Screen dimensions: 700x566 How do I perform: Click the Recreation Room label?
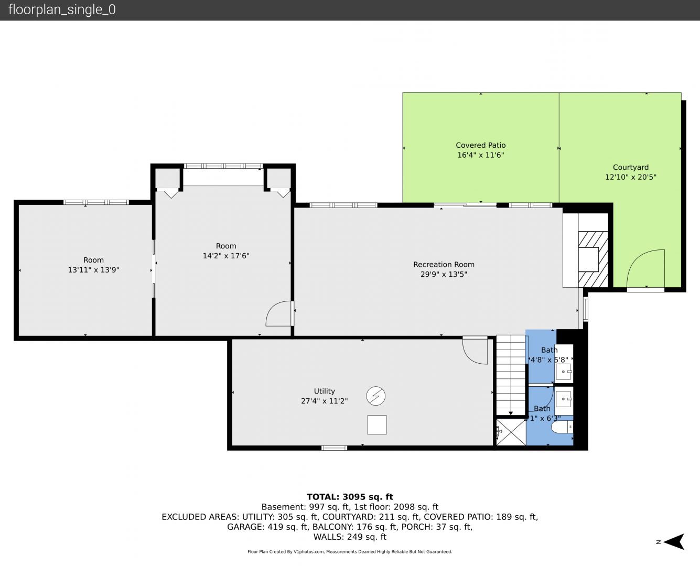444,265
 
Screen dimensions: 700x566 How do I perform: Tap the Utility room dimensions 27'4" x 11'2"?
325,401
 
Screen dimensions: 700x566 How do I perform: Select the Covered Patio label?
480,145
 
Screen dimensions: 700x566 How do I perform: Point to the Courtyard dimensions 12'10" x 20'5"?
631,177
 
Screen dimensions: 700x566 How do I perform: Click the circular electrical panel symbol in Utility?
375,396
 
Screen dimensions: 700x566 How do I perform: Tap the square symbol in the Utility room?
377,424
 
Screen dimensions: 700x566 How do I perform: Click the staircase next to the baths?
510,375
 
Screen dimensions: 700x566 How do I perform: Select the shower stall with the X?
511,432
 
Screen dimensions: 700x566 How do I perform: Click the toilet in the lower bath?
562,427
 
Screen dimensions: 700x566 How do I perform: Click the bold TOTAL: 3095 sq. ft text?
350,497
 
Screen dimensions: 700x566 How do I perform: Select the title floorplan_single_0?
62,10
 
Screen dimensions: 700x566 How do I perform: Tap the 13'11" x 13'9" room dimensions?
93,270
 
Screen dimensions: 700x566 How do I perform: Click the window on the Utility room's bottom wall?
334,448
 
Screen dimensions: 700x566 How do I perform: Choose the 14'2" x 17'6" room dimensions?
226,256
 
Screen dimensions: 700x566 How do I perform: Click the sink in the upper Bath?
564,372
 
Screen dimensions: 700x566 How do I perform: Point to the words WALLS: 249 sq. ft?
350,537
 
